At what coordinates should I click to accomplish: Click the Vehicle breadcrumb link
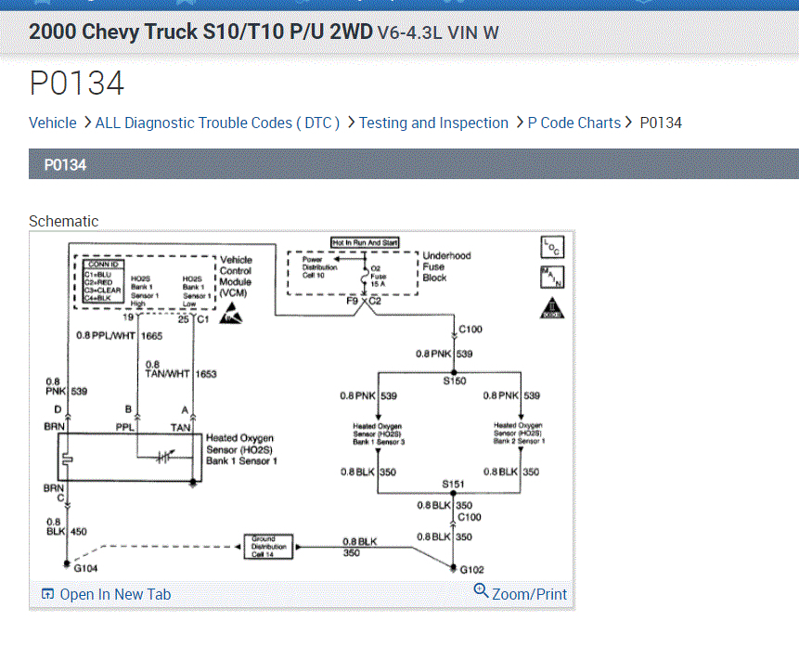coord(53,123)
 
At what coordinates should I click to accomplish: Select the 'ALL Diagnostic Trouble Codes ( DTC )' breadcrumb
coord(217,123)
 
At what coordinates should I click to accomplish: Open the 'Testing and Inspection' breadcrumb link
coord(433,123)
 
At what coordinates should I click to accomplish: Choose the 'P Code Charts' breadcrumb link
coord(573,123)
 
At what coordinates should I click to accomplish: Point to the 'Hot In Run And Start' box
coord(365,243)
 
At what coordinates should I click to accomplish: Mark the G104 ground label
coord(86,568)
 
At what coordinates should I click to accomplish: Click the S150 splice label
coord(455,381)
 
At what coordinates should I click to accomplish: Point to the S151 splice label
coord(454,485)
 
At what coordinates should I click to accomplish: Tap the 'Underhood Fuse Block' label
coord(446,266)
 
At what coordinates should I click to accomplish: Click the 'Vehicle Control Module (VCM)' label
coord(235,276)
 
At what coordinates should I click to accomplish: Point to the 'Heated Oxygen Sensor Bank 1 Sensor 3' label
coord(378,433)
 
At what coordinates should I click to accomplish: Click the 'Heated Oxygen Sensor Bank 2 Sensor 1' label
coord(518,433)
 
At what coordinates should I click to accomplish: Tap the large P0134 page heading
coord(77,84)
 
